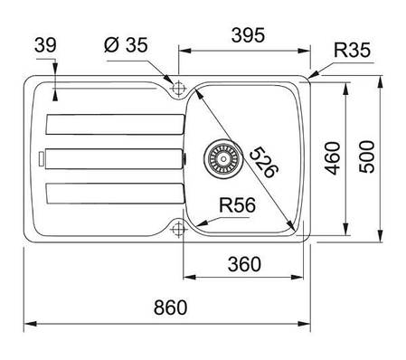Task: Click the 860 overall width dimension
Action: tap(170, 308)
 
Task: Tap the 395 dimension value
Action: tap(248, 34)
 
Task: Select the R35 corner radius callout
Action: tap(352, 50)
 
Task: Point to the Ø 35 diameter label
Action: tap(126, 45)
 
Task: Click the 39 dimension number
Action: tap(45, 45)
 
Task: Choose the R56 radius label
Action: tap(237, 205)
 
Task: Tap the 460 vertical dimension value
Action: tap(334, 158)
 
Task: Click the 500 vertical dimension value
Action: tap(367, 156)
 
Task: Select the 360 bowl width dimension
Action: tap(244, 264)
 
